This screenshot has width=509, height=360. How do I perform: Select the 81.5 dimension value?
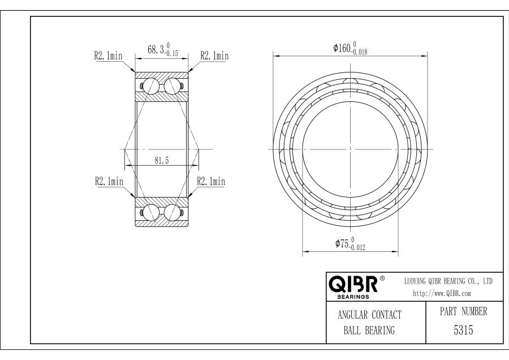coord(162,160)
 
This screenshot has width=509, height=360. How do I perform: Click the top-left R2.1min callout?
coord(109,55)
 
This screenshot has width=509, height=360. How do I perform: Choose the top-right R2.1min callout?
coord(214,55)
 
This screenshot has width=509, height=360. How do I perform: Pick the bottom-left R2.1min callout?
coord(109,181)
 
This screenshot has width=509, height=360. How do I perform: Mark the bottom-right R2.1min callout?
coord(211,181)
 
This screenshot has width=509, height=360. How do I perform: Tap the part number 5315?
coord(463,330)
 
